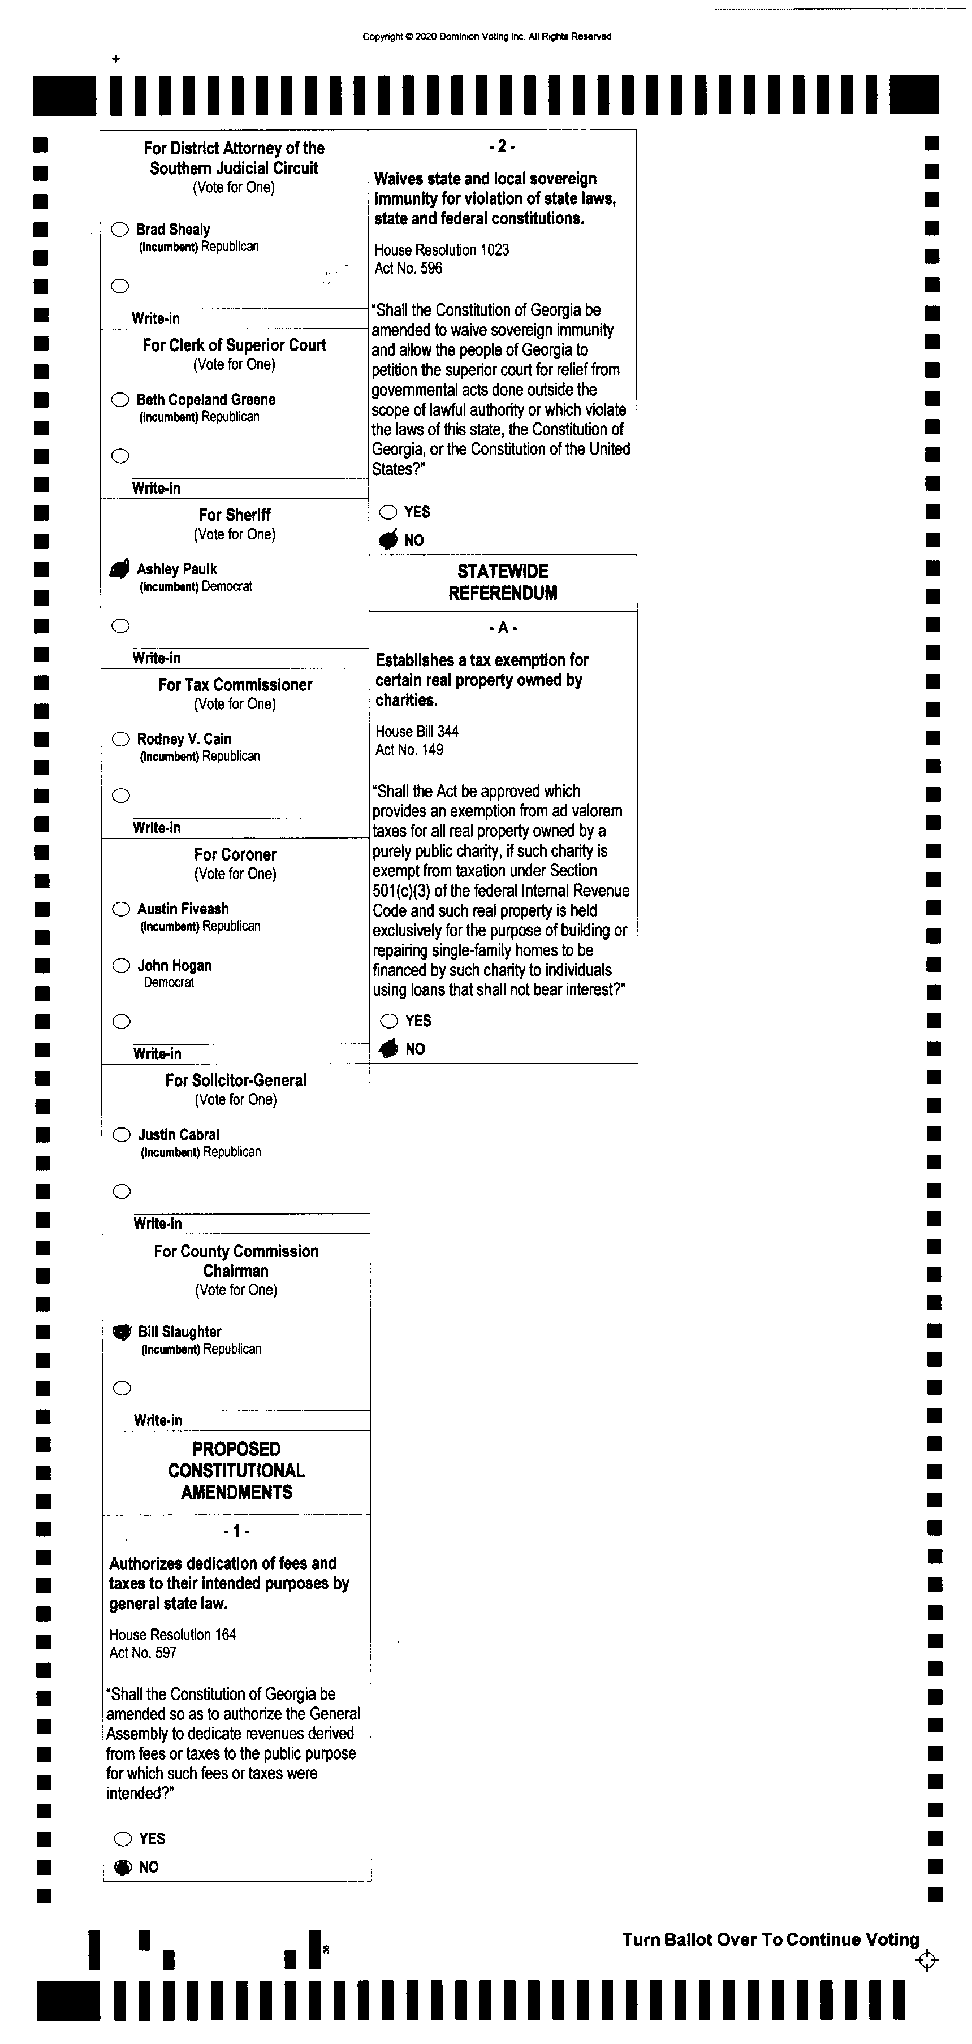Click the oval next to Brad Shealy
[120, 230]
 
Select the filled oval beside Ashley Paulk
[119, 569]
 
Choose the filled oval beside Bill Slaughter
[122, 1332]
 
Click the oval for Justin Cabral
[122, 1135]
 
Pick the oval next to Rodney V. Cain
[120, 739]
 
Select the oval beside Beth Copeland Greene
[120, 399]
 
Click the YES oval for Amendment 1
[123, 1839]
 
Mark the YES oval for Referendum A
[389, 1021]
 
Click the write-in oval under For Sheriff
[120, 626]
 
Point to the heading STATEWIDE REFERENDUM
[502, 582]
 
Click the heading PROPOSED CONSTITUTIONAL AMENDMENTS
[236, 1470]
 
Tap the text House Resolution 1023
[441, 250]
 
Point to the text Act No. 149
[409, 750]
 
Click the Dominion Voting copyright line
[486, 37]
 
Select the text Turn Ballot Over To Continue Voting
[770, 1939]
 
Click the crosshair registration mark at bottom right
[926, 1961]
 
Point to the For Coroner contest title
[235, 854]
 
